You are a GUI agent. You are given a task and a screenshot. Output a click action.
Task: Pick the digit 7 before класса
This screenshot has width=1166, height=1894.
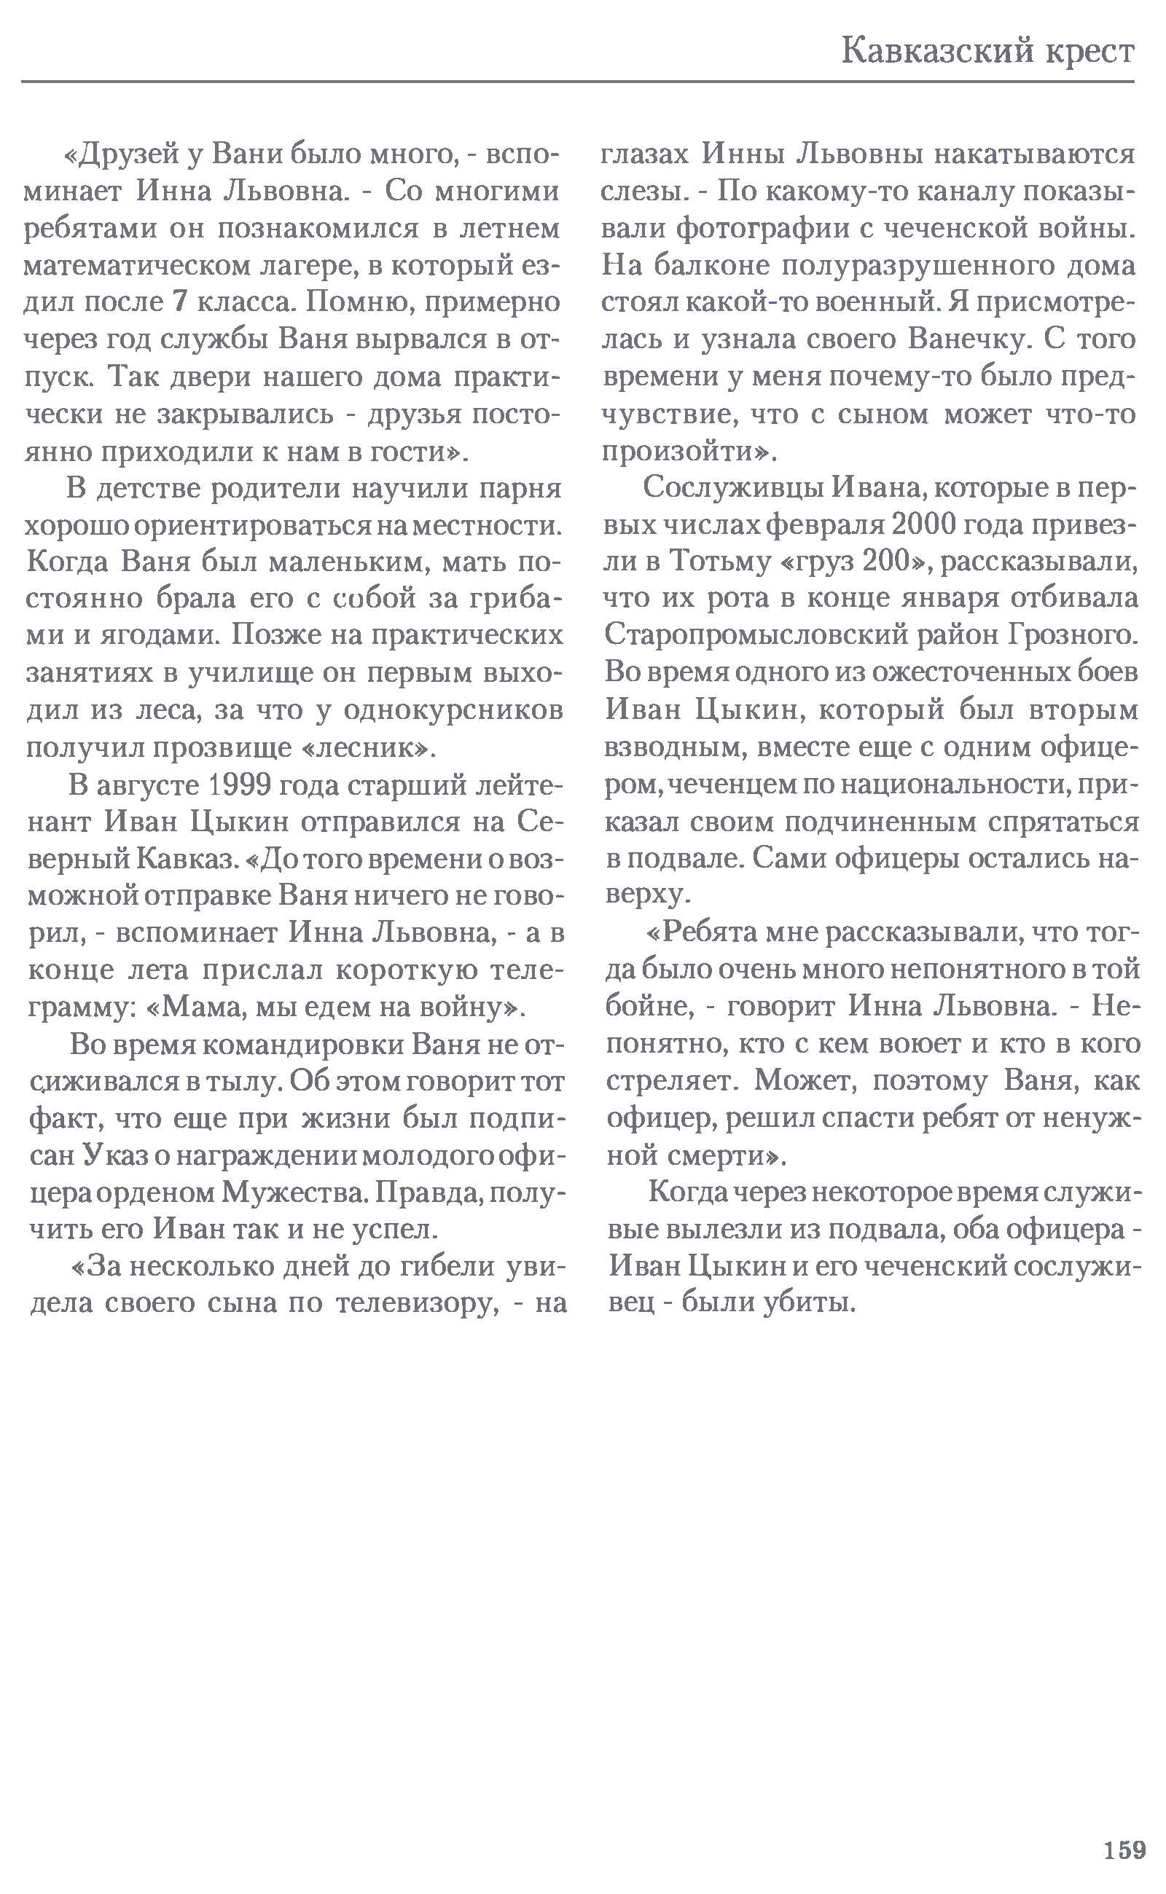(x=180, y=302)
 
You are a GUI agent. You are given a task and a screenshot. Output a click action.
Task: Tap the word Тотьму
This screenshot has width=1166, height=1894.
(x=721, y=562)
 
